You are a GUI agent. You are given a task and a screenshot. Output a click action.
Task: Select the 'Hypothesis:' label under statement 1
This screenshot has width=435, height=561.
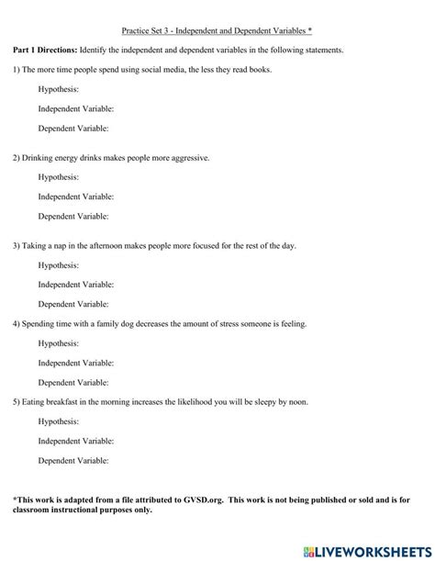tap(58, 89)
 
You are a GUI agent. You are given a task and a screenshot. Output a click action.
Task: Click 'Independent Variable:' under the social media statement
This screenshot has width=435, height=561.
tap(76, 108)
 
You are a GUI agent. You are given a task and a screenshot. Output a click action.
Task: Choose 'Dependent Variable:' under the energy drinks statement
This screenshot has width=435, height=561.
tap(73, 217)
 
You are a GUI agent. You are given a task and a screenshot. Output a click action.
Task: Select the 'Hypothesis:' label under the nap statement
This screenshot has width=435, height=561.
tap(58, 265)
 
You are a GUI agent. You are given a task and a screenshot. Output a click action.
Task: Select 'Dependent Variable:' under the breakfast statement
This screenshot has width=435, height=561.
tap(73, 461)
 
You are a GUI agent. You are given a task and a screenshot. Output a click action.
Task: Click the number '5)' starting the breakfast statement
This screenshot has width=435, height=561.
tap(16, 402)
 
